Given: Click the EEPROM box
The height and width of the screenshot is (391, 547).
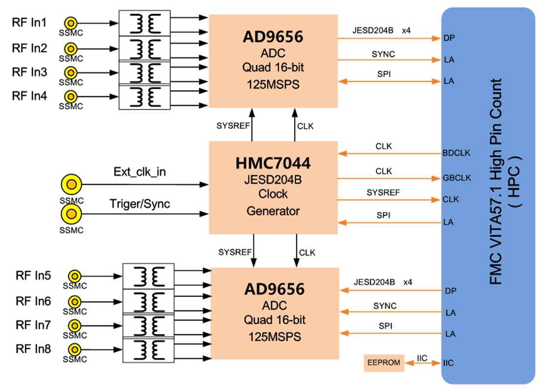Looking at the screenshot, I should (x=384, y=363).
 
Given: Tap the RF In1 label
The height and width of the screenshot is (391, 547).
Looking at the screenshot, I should (x=30, y=23).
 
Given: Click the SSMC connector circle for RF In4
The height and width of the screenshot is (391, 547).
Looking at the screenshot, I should (x=71, y=96).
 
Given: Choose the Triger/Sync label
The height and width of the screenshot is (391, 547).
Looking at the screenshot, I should (x=140, y=204).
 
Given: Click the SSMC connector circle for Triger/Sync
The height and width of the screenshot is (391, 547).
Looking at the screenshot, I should (x=71, y=214).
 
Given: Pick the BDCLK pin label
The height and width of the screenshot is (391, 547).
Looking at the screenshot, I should (x=457, y=153).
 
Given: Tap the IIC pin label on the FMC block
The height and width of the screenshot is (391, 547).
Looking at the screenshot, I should (x=450, y=363).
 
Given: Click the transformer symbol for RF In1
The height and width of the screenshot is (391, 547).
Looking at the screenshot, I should (x=145, y=23).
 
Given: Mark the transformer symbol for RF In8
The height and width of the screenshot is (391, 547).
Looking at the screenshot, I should (x=148, y=351).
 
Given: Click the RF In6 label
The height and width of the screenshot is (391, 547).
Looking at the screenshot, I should (x=33, y=301).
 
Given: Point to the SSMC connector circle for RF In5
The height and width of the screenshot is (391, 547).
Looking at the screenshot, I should (x=74, y=276).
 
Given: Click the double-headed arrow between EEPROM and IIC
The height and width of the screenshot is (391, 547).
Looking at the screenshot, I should (x=422, y=364).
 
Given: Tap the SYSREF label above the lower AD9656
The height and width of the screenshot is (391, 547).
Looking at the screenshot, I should (x=235, y=252).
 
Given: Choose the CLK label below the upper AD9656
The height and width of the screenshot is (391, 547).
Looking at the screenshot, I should (x=305, y=126).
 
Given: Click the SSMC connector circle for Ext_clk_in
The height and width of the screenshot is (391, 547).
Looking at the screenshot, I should (x=71, y=185).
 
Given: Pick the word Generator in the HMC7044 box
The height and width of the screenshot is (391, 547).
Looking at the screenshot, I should (x=273, y=211).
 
